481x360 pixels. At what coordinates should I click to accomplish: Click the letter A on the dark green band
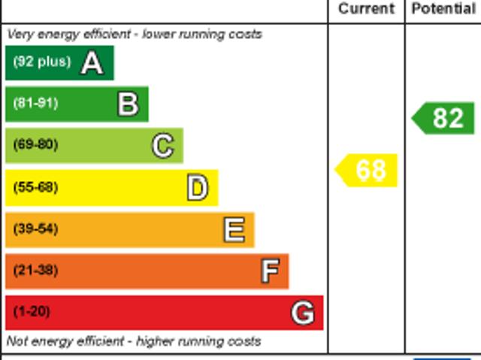pos(92,63)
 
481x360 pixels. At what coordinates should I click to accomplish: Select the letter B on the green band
pos(129,104)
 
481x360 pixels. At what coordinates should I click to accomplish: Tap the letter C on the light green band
pos(163,146)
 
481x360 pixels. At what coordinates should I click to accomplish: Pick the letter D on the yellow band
pos(198,188)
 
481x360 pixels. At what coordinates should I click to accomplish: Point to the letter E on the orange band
pos(234,230)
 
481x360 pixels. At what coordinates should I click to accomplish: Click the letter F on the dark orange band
pos(270,271)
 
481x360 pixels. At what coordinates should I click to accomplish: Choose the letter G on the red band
pos(303,313)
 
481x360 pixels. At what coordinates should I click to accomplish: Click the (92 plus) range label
pos(42,62)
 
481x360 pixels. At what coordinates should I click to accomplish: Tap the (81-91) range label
pos(35,104)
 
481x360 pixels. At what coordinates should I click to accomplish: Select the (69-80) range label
pos(35,145)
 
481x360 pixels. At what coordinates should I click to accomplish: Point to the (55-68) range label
pos(35,187)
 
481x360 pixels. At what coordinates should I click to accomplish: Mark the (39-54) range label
pos(35,228)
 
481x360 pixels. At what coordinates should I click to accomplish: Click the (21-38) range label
pos(35,270)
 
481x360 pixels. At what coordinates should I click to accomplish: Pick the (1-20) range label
pos(32,311)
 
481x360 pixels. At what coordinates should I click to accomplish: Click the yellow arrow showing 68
pos(367,171)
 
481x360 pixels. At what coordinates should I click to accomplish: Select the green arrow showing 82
pos(444,119)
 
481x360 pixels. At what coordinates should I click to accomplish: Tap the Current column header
pos(366,9)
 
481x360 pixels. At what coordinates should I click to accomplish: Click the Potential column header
pos(443,9)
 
